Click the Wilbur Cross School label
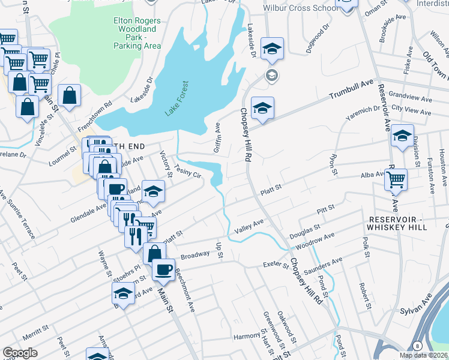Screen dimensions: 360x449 (x=300, y=8)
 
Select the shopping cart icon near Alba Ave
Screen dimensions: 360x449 (x=396, y=179)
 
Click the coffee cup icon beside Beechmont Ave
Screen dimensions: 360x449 (x=163, y=269)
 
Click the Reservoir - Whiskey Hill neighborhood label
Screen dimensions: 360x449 (x=397, y=223)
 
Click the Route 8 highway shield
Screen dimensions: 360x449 (x=417, y=346)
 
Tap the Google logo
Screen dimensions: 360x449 (x=20, y=353)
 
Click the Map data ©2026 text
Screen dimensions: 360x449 (x=423, y=355)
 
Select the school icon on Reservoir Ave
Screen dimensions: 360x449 (x=403, y=136)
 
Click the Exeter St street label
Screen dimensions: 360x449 (x=277, y=263)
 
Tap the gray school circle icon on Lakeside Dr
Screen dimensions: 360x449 (x=272, y=75)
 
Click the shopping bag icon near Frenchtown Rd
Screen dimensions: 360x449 (x=70, y=95)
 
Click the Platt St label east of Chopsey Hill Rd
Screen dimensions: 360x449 (x=270, y=191)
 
